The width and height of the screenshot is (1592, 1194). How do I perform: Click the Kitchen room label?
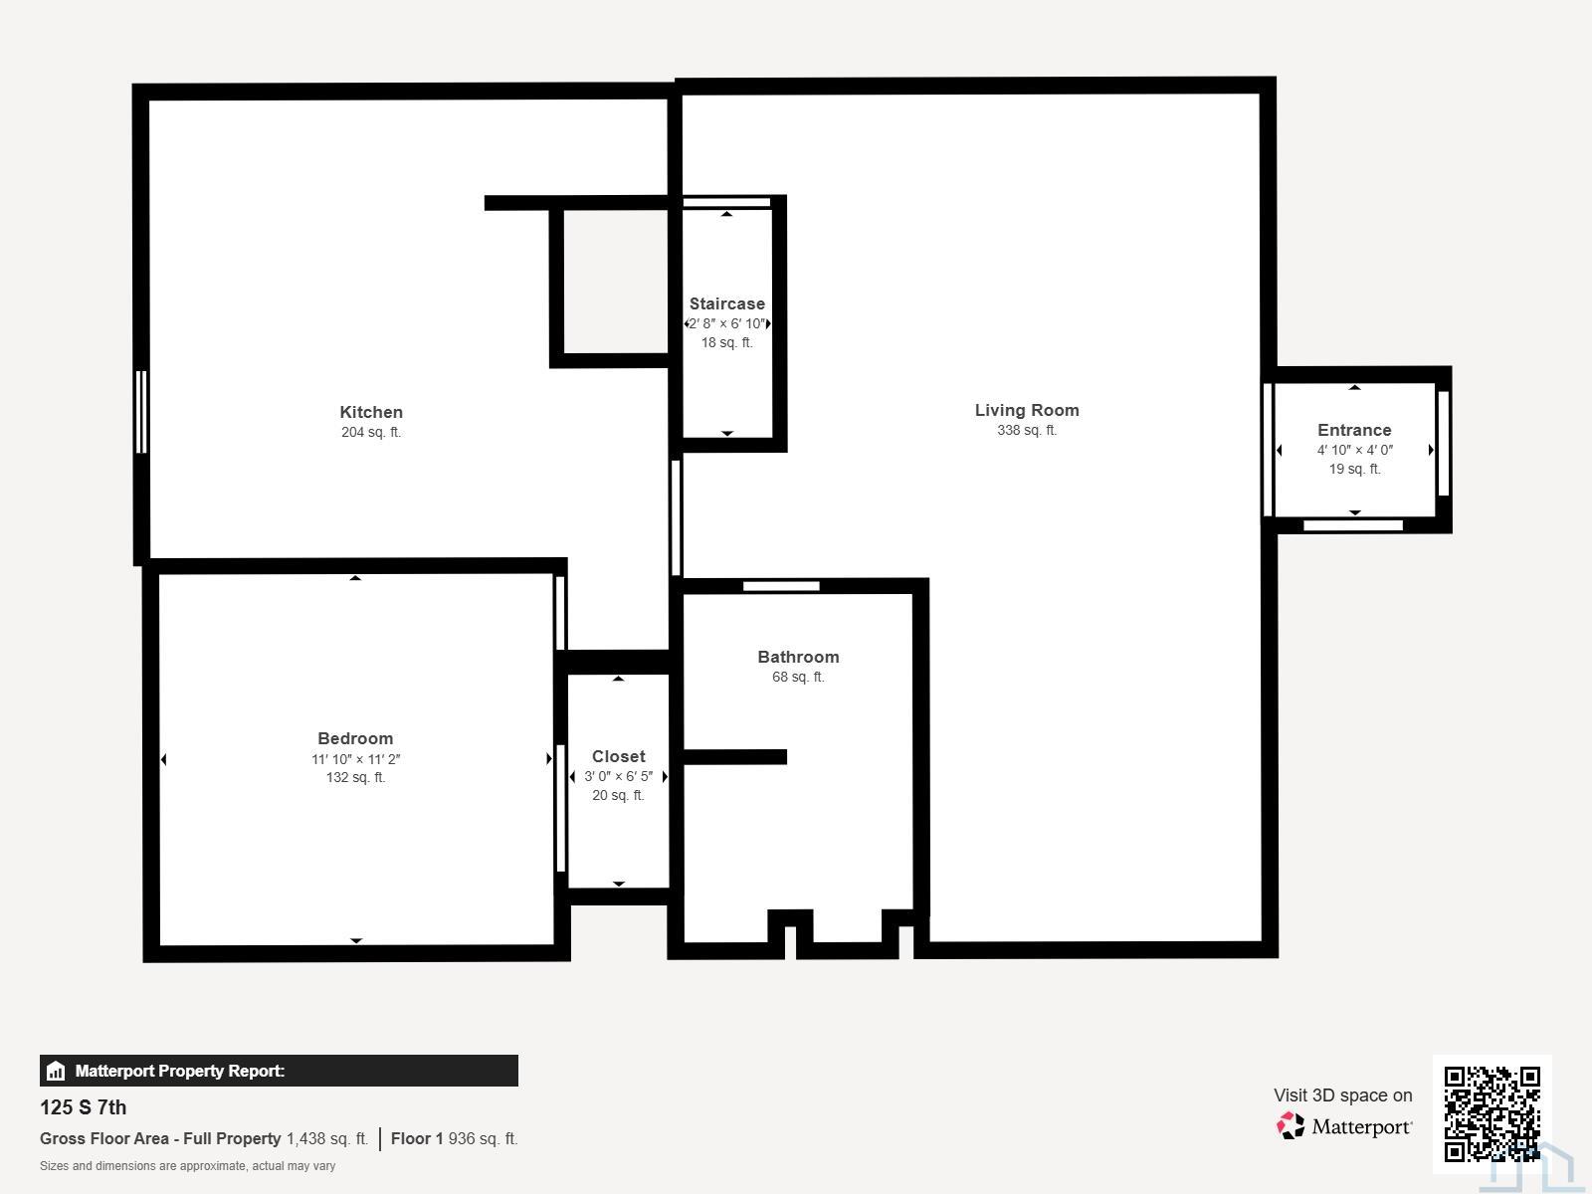click(x=370, y=412)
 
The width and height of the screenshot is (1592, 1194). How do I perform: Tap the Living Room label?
click(x=1026, y=410)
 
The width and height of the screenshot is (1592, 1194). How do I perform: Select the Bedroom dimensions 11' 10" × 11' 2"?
click(x=355, y=759)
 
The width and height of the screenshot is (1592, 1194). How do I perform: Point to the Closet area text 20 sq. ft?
click(x=618, y=795)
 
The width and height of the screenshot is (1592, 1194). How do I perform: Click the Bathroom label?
click(x=798, y=657)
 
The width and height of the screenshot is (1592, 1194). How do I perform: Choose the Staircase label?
click(x=726, y=303)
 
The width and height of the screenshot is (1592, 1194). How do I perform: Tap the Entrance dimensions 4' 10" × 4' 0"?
click(x=1354, y=450)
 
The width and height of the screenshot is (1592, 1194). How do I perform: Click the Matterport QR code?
click(x=1492, y=1113)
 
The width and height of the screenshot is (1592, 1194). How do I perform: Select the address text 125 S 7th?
click(x=83, y=1107)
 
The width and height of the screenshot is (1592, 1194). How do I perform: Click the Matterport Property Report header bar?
click(x=279, y=1070)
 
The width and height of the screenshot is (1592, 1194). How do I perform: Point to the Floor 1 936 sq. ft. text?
click(x=454, y=1138)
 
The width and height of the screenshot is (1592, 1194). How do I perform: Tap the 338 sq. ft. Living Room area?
click(x=1026, y=430)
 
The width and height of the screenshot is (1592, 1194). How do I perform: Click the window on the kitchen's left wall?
click(x=141, y=412)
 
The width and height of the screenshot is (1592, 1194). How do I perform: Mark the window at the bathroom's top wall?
click(x=781, y=586)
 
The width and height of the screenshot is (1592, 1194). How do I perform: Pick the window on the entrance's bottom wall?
click(x=1352, y=525)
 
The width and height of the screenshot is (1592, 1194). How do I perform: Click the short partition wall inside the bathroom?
click(x=734, y=757)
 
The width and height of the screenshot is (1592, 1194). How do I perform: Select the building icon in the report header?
click(x=56, y=1071)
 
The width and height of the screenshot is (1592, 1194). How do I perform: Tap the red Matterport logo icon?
click(x=1291, y=1126)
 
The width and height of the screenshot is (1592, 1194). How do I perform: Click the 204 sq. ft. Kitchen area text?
click(x=370, y=432)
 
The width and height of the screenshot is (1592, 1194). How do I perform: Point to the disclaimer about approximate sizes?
click(x=187, y=1166)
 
